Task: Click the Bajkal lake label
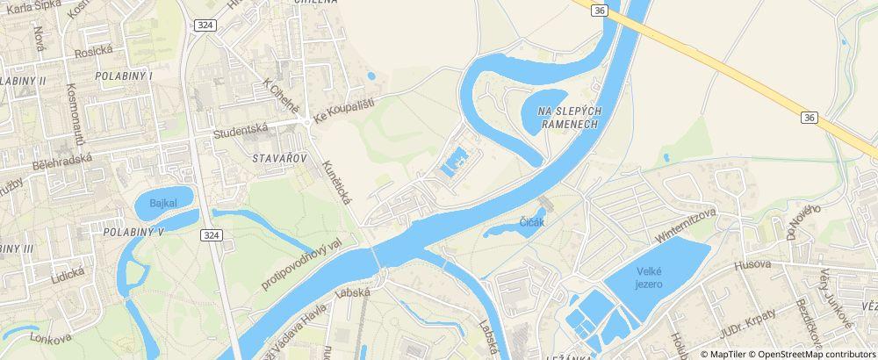(x=163, y=204)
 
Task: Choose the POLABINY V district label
(x=133, y=233)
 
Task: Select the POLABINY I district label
(x=126, y=76)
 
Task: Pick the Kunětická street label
(x=336, y=183)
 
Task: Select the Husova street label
(x=754, y=263)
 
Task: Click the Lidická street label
(x=66, y=273)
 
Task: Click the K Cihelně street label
(x=281, y=100)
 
